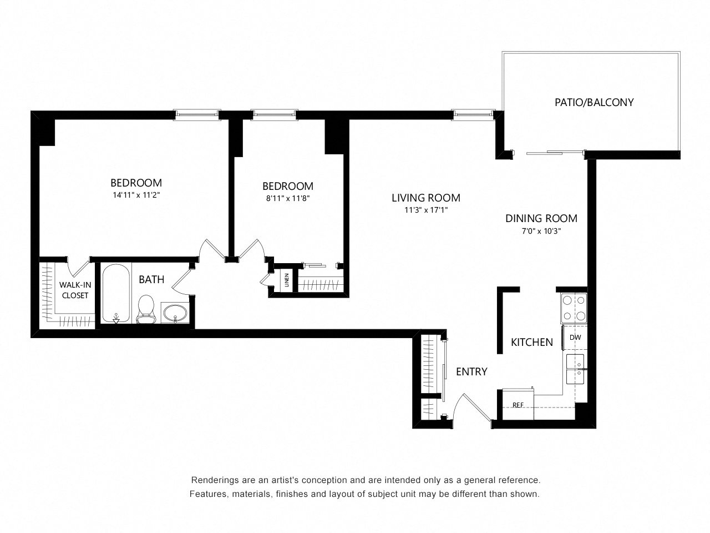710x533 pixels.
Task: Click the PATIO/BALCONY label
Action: pyautogui.click(x=594, y=102)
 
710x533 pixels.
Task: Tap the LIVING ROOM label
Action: pyautogui.click(x=425, y=198)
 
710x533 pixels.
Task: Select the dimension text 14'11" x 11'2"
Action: pyautogui.click(x=136, y=195)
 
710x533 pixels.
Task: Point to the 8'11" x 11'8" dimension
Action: pyautogui.click(x=287, y=198)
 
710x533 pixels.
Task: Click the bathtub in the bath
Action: pyautogui.click(x=116, y=294)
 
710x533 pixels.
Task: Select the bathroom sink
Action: pyautogui.click(x=175, y=312)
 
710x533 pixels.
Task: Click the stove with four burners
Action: pyautogui.click(x=574, y=308)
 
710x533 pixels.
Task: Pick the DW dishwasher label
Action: pyautogui.click(x=575, y=337)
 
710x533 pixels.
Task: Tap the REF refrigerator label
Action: pyautogui.click(x=518, y=405)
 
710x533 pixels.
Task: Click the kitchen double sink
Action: pyautogui.click(x=575, y=369)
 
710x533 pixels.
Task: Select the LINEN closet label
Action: pyautogui.click(x=286, y=280)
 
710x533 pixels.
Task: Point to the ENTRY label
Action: pyautogui.click(x=471, y=371)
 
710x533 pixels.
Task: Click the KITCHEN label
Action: pyautogui.click(x=531, y=342)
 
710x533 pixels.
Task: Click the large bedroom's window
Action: pyautogui.click(x=197, y=114)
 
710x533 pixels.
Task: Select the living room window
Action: pyautogui.click(x=473, y=114)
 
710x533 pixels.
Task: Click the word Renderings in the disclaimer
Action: pyautogui.click(x=215, y=480)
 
